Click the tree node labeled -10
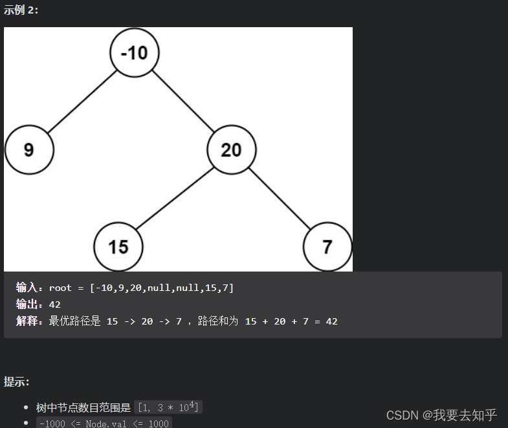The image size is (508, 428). point(135,52)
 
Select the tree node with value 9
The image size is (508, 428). point(29,150)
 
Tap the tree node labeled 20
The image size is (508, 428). point(231,150)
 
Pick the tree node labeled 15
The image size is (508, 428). point(118,247)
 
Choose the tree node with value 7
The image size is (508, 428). point(327,247)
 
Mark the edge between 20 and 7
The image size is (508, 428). point(279,198)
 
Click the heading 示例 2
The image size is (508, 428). point(21,10)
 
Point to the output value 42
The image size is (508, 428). point(55,305)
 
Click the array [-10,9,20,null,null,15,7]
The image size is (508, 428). point(162,288)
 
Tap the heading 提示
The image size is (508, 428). point(17,381)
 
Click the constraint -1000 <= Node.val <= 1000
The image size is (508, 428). point(104,423)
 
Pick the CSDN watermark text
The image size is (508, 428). point(441,415)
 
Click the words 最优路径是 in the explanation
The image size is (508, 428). point(74,321)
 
